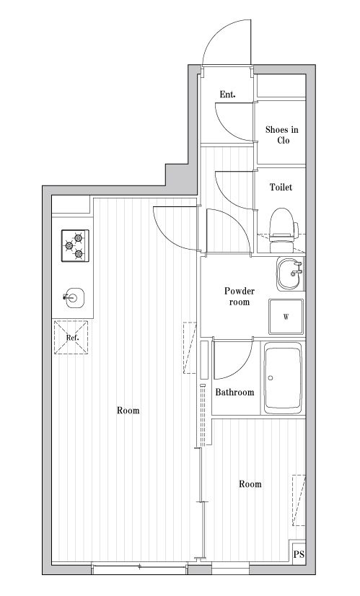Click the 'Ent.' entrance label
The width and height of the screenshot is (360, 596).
[x=227, y=95]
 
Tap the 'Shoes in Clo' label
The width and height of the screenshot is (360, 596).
[x=281, y=135]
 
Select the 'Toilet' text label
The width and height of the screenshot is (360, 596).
[x=281, y=187]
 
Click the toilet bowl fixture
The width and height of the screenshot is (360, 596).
[x=284, y=230]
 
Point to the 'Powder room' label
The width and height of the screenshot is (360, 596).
[x=239, y=297]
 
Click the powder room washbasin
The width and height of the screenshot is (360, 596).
[x=291, y=273]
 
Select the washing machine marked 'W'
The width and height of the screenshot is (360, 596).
[x=286, y=317]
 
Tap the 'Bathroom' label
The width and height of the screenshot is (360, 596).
[x=234, y=393]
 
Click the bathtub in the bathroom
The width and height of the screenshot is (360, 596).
[x=283, y=378]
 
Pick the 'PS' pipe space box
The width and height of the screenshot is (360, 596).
[x=299, y=554]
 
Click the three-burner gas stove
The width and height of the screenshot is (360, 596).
[x=75, y=245]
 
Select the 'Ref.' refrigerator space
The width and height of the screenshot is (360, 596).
[x=71, y=338]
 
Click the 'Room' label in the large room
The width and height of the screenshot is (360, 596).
[x=128, y=411]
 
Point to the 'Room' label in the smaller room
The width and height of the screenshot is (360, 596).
[x=250, y=484]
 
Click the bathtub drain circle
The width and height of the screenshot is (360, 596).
[x=271, y=378]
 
